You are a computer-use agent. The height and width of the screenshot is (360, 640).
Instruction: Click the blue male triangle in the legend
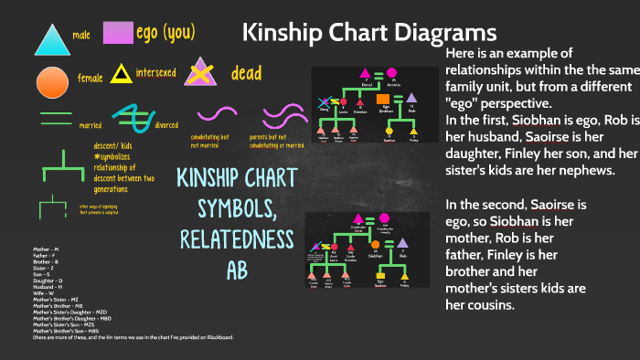51,40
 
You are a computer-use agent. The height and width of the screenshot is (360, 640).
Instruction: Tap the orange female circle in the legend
52,81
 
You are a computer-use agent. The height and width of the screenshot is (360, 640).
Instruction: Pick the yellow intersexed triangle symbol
121,74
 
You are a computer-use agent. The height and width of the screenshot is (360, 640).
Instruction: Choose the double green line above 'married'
57,117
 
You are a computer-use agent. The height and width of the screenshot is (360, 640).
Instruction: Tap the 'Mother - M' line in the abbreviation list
46,249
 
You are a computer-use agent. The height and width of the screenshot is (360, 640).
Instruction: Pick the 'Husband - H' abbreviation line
48,287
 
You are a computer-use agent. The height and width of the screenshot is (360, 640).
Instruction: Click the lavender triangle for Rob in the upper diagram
412,98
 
